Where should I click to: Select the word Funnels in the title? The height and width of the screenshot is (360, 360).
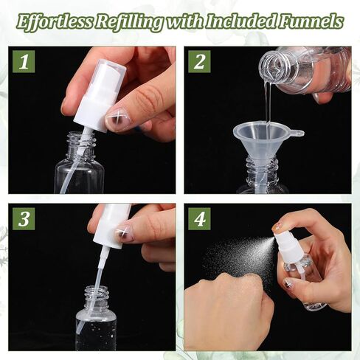tap(314, 21)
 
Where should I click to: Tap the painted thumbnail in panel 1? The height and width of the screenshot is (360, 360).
tap(118, 118)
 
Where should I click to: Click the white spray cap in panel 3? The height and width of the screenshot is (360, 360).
tap(111, 225)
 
